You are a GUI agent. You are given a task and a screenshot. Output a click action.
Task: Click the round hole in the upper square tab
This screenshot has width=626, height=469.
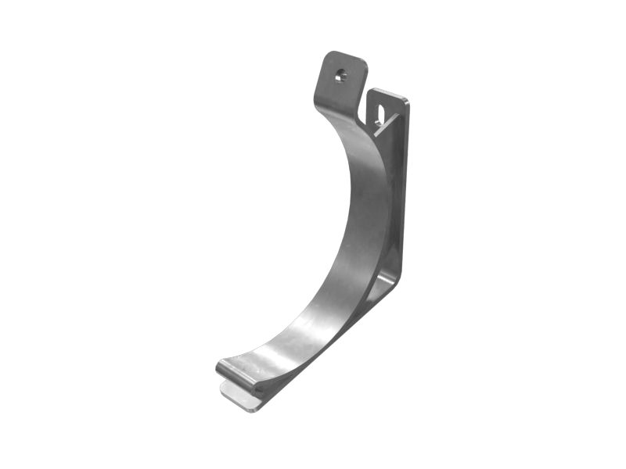click(x=340, y=77)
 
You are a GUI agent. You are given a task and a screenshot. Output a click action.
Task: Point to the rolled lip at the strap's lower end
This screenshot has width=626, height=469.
click(x=239, y=373)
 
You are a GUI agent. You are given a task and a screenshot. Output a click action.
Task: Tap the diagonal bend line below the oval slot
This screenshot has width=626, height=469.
click(x=385, y=128)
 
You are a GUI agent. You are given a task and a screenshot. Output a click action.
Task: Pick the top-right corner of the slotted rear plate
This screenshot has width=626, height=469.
click(x=406, y=100)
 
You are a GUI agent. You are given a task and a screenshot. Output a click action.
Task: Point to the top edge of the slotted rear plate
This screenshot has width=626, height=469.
click(x=387, y=93)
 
